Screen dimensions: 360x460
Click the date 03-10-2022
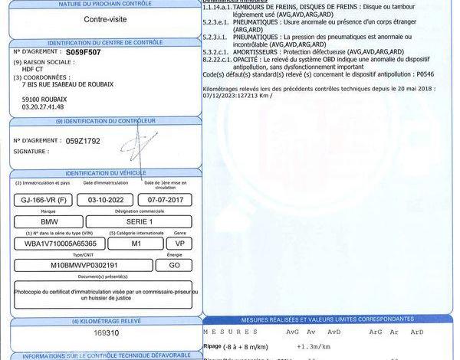(x=106, y=200)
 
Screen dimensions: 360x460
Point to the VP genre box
(x=179, y=243)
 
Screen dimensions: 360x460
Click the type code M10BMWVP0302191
(x=80, y=264)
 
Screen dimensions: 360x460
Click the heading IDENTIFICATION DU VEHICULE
(x=106, y=174)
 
